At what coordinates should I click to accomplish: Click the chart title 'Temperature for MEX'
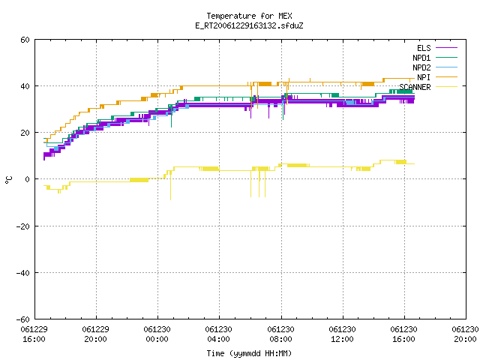[x=249, y=16]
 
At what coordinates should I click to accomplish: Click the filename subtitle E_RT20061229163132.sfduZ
[x=249, y=25]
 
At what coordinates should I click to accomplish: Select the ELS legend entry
[x=437, y=48]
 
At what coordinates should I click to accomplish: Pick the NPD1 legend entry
[x=435, y=58]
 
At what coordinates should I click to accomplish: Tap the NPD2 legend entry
[x=435, y=67]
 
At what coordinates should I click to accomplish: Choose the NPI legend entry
[x=437, y=77]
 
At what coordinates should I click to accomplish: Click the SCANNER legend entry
[x=428, y=87]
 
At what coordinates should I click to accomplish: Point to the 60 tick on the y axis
[x=25, y=40]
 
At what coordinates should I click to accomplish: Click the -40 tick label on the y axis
[x=23, y=273]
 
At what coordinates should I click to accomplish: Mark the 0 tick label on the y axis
[x=28, y=179]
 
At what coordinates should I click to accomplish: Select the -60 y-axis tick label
[x=23, y=319]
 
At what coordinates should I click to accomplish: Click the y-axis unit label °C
[x=9, y=180]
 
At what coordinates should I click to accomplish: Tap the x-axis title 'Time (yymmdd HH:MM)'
[x=249, y=353]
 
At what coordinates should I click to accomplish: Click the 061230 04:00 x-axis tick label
[x=218, y=334]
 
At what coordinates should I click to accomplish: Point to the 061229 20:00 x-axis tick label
[x=95, y=334]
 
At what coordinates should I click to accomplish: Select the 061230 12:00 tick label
[x=342, y=334]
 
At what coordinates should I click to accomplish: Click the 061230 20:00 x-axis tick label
[x=465, y=334]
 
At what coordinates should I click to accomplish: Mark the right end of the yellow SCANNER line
[x=415, y=163]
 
